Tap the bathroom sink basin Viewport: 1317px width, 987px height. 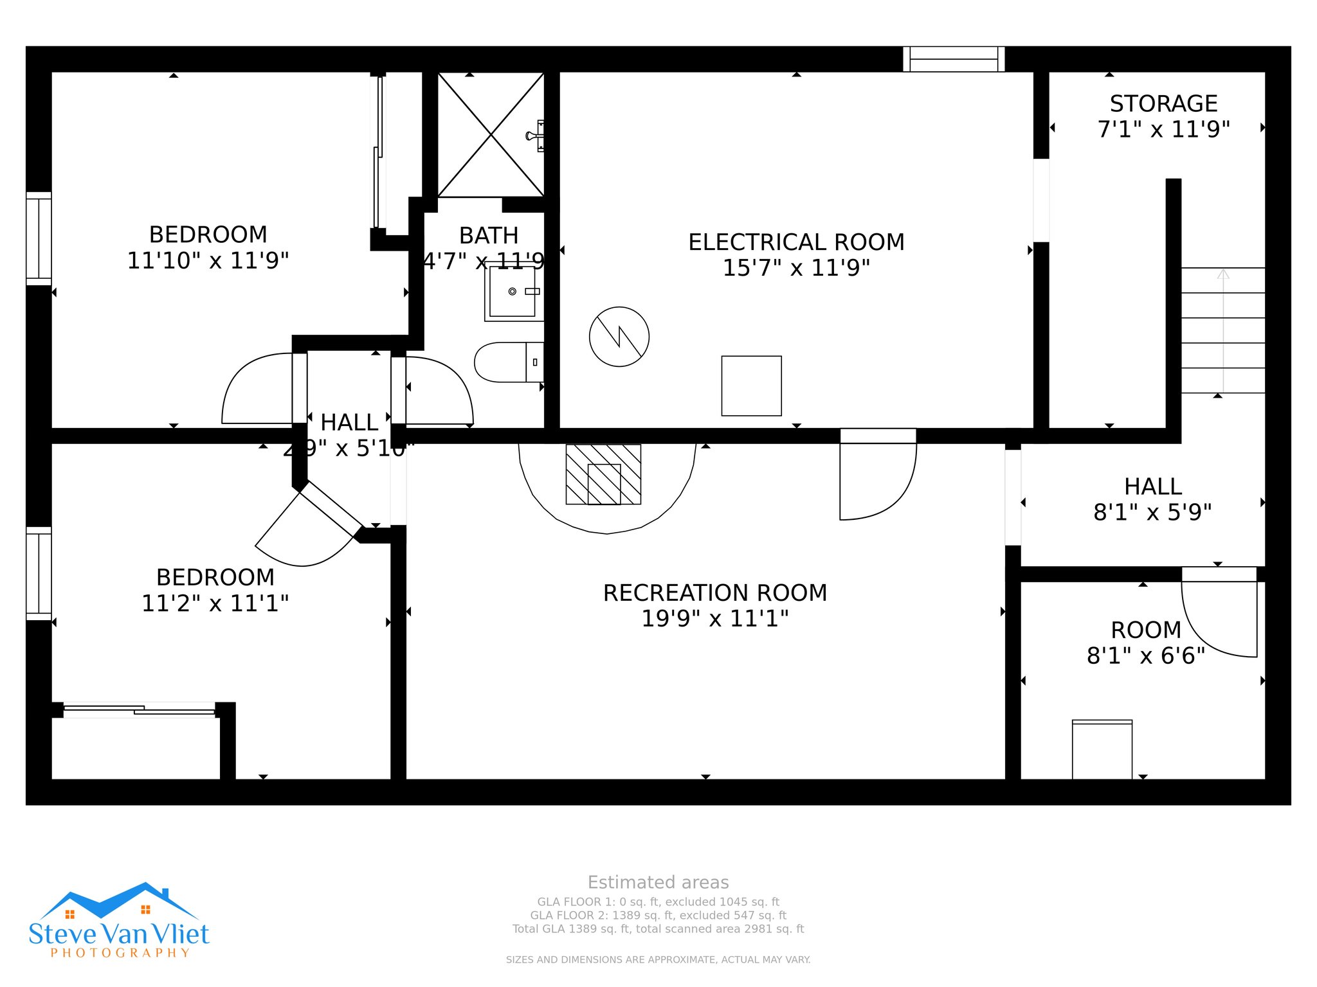coord(513,292)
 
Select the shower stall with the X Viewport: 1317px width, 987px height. coord(491,135)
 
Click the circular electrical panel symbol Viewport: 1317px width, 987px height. coord(619,337)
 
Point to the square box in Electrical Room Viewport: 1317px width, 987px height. coord(751,386)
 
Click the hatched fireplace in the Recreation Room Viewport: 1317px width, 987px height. coord(603,474)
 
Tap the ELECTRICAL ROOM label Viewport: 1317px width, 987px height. coord(796,242)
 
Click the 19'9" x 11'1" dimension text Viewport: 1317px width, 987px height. coord(714,618)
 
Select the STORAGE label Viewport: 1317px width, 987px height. coord(1163,103)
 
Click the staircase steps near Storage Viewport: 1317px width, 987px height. coord(1222,330)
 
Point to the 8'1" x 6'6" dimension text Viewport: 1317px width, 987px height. coord(1145,655)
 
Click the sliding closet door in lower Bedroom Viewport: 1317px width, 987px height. coord(139,710)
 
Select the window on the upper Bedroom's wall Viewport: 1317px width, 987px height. coord(39,238)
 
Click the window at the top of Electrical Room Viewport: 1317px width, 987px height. coord(954,59)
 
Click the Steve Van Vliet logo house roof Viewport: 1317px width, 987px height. coord(119,899)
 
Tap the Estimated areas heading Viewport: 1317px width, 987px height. coord(658,882)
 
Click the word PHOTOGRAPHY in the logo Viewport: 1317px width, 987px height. coord(120,953)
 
